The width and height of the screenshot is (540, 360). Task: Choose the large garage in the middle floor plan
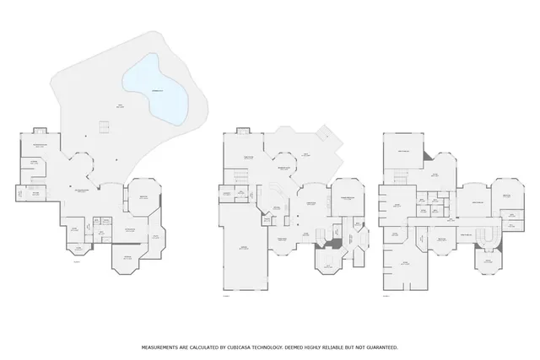pos(245,249)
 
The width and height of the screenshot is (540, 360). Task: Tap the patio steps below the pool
pos(104,127)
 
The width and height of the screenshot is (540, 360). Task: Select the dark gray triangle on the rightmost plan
pos(428,159)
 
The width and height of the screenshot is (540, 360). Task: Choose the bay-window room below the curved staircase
pos(487,266)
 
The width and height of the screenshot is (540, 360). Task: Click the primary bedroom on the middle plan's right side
pos(346,200)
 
